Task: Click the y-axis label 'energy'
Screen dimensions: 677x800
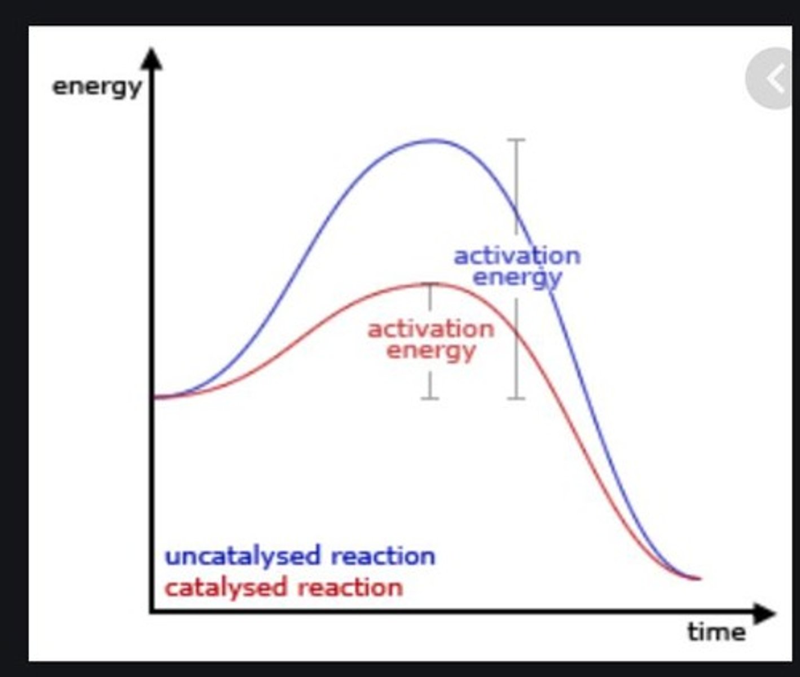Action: (x=96, y=87)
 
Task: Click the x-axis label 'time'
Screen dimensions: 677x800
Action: (x=716, y=631)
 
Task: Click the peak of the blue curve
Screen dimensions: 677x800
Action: (x=434, y=140)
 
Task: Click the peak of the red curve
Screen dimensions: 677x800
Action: (x=432, y=284)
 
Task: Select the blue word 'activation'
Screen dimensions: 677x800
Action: (x=517, y=256)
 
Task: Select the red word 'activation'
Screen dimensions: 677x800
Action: (x=430, y=329)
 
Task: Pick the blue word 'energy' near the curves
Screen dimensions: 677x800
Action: (x=517, y=278)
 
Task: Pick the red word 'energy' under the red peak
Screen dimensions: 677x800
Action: (x=431, y=351)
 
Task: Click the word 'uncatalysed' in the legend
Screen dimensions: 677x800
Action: (x=243, y=556)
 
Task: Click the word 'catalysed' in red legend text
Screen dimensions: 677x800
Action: (x=226, y=588)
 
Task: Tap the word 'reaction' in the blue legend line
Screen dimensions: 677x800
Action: (x=383, y=556)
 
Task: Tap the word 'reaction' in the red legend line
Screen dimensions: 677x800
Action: (x=350, y=588)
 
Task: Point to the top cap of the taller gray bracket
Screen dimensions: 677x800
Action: (x=516, y=140)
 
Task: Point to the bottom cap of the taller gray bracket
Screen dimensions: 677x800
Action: (x=516, y=398)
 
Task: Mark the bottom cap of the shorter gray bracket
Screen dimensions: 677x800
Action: (x=430, y=398)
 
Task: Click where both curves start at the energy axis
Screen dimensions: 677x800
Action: (x=155, y=397)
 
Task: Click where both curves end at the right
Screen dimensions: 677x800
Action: (x=698, y=578)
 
